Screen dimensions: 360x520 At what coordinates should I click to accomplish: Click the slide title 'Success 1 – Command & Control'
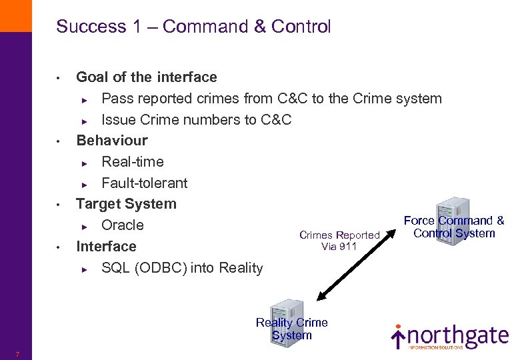click(x=193, y=27)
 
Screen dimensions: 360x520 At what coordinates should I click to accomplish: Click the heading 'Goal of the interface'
click(x=147, y=77)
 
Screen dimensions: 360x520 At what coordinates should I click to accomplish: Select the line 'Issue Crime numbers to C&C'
click(x=196, y=120)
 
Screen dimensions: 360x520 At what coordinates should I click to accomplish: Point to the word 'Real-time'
click(x=132, y=162)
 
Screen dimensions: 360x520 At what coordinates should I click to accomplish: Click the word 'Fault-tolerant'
click(x=144, y=183)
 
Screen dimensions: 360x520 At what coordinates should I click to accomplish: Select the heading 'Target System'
click(x=126, y=204)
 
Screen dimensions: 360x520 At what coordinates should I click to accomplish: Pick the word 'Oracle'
click(x=122, y=225)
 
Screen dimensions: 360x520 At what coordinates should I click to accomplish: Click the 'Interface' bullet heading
click(x=106, y=247)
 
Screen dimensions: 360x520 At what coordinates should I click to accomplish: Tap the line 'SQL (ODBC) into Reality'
click(x=182, y=268)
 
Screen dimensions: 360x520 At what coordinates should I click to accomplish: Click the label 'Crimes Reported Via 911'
click(x=339, y=241)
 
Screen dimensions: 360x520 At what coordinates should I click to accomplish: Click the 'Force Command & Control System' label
click(x=454, y=227)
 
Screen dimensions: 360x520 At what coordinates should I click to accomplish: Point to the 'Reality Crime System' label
click(x=292, y=329)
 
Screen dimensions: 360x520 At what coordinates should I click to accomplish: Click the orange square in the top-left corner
click(x=15, y=15)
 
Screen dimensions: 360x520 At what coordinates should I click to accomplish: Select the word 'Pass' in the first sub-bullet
click(x=113, y=99)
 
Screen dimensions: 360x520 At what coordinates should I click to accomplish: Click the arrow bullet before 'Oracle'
click(x=84, y=227)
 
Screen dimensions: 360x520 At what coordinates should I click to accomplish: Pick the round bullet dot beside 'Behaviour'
click(x=59, y=141)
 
